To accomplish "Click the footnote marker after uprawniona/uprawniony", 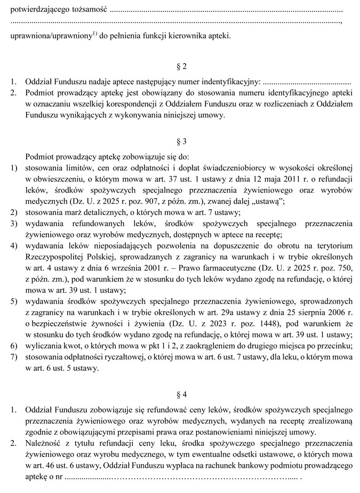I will pos(94,34).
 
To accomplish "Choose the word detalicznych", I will pos(92,212).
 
